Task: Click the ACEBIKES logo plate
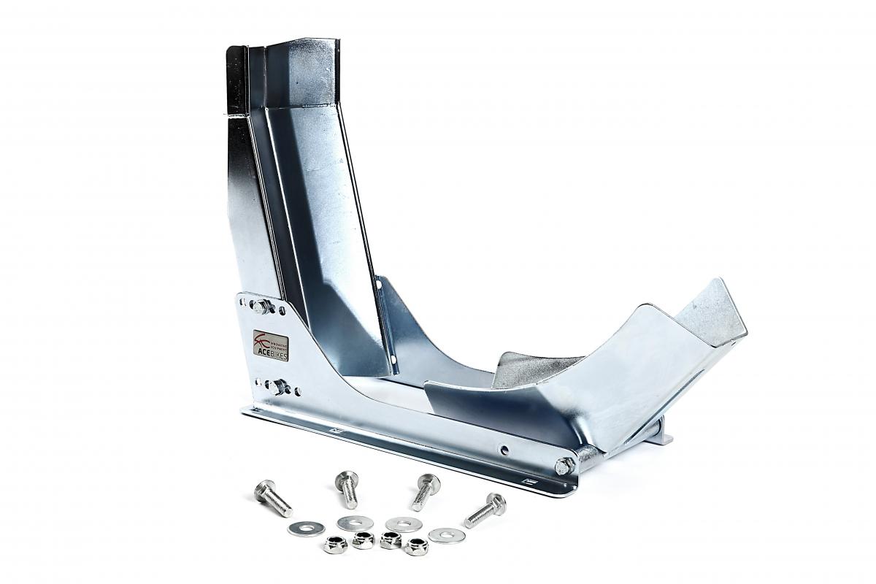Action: click(x=271, y=345)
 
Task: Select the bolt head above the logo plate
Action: click(x=261, y=307)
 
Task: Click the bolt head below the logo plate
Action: click(x=276, y=387)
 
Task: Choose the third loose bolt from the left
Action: click(x=424, y=491)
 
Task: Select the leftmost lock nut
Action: click(x=335, y=545)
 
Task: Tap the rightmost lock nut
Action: click(x=417, y=546)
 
